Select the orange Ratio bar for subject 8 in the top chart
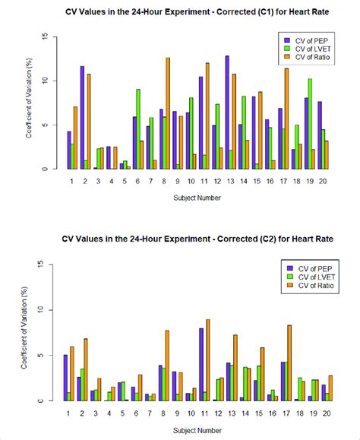pos(168,113)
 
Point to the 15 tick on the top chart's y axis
pos(46,36)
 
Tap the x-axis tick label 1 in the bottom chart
pos(70,413)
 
